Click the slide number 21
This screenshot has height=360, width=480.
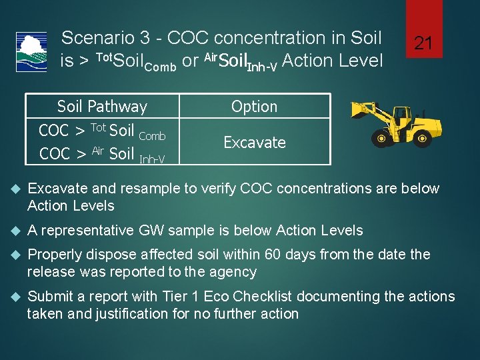point(423,45)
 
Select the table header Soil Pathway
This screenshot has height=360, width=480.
point(102,107)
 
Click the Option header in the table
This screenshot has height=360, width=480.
point(254,107)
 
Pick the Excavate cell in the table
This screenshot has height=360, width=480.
point(254,143)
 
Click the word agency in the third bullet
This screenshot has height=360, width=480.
point(235,272)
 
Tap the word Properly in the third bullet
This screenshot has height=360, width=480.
point(53,255)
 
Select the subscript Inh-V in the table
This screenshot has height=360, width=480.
point(152,159)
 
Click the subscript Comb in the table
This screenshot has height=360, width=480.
point(152,136)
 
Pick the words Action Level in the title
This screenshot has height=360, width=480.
point(333,61)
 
